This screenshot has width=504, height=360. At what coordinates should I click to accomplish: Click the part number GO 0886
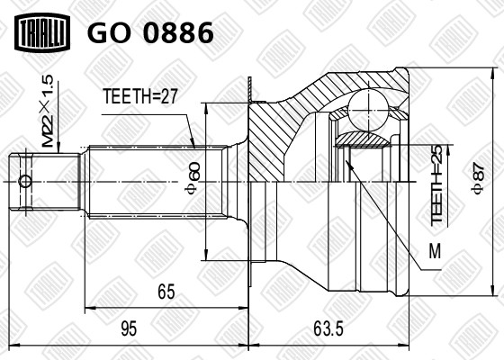(149, 33)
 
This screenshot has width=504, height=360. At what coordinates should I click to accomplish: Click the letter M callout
(435, 253)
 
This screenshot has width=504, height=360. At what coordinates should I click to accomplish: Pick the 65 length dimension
(165, 292)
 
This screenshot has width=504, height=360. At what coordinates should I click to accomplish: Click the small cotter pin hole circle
(25, 180)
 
